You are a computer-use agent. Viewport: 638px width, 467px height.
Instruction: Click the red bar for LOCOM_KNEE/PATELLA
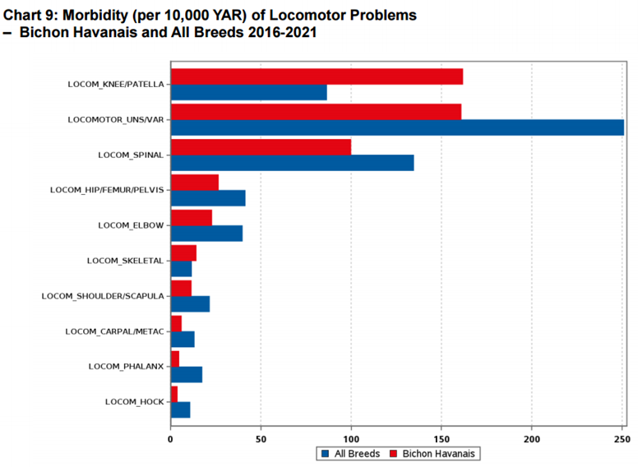[x=317, y=76]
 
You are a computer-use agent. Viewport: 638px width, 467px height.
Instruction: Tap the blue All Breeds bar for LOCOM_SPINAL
[x=292, y=163]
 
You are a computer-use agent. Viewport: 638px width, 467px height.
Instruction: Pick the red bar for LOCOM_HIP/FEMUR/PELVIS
[x=195, y=182]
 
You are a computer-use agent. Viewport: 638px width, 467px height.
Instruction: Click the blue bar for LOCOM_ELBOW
[x=206, y=233]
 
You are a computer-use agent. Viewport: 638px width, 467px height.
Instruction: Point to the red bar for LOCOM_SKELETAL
[x=183, y=252]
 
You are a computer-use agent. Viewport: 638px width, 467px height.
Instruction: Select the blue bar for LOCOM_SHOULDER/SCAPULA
[x=190, y=304]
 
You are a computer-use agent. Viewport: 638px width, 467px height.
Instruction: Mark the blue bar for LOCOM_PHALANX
[x=187, y=374]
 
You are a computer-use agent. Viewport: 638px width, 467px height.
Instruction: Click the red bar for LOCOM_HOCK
[x=174, y=394]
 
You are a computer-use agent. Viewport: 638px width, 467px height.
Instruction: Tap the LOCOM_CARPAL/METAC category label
[x=115, y=331]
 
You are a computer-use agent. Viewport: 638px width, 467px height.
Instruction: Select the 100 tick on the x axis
[x=351, y=440]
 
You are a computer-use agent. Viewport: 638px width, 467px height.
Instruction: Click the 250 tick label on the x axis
[x=622, y=440]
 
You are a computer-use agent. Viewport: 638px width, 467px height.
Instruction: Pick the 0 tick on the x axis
[x=170, y=440]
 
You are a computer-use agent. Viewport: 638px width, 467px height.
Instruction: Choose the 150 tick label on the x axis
[x=442, y=440]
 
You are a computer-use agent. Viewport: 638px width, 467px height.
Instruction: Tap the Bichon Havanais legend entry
[x=437, y=454]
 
